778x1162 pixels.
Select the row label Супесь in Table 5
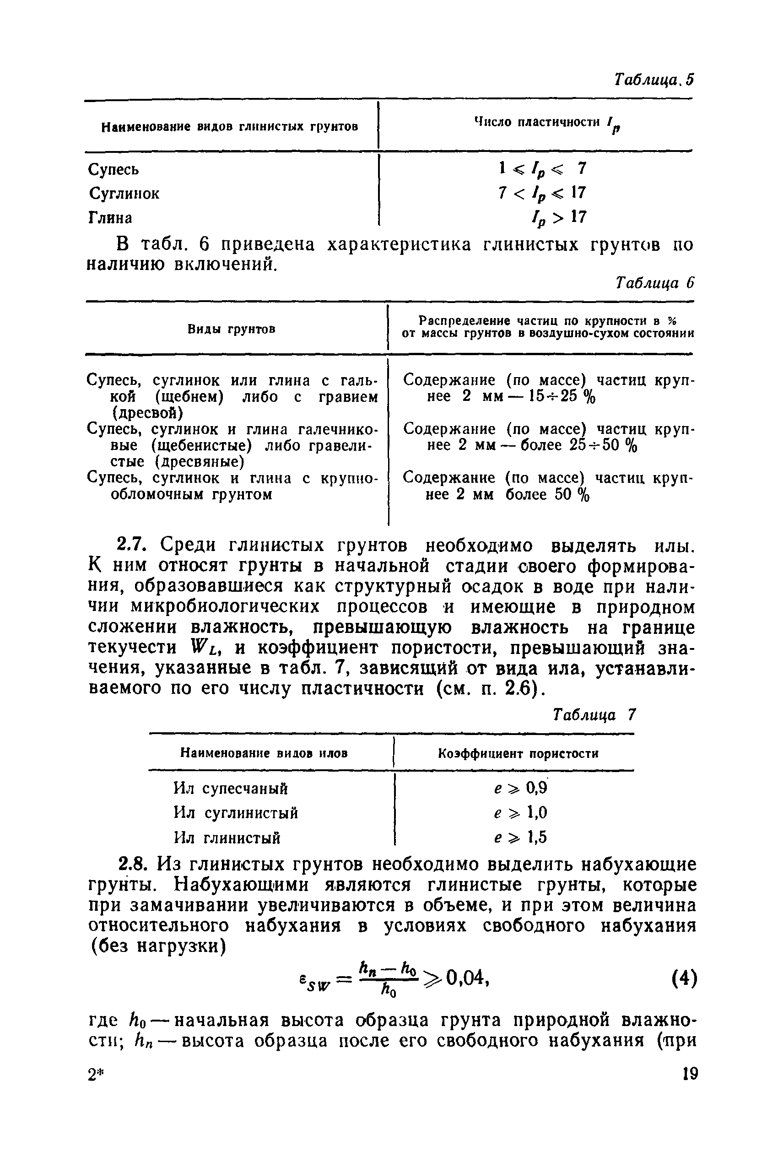[113, 170]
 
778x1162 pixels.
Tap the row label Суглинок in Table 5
[124, 194]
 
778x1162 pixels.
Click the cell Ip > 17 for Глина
[559, 217]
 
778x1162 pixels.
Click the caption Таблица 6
[654, 283]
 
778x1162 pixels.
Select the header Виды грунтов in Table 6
[232, 330]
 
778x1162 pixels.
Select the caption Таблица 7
[594, 715]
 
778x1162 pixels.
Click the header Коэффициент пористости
[518, 754]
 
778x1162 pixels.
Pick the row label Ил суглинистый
[236, 813]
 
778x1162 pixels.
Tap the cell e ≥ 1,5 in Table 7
[520, 838]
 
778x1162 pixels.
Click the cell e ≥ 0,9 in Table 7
[520, 788]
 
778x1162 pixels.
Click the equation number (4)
[684, 979]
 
